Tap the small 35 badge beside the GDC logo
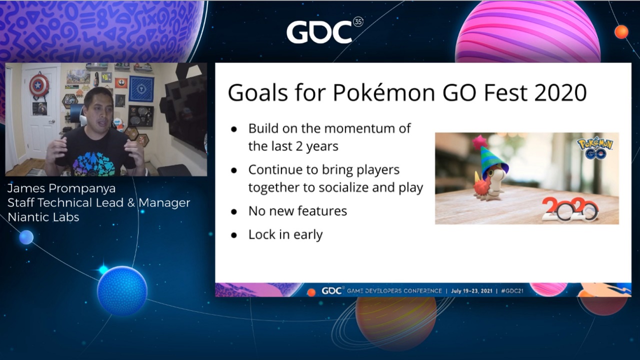tap(358, 21)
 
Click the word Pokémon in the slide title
tap(383, 92)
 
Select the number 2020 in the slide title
tap(560, 92)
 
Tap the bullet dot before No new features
tap(234, 211)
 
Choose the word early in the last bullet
tap(307, 235)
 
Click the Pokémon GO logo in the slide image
tap(595, 148)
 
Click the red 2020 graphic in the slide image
tap(569, 209)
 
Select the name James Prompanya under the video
tap(61, 188)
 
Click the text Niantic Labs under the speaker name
tap(43, 217)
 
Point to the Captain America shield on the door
tap(39, 84)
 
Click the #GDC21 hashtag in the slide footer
tap(512, 291)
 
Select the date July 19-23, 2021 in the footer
tap(471, 291)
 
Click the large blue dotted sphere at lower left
tap(122, 291)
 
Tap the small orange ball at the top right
tap(621, 31)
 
